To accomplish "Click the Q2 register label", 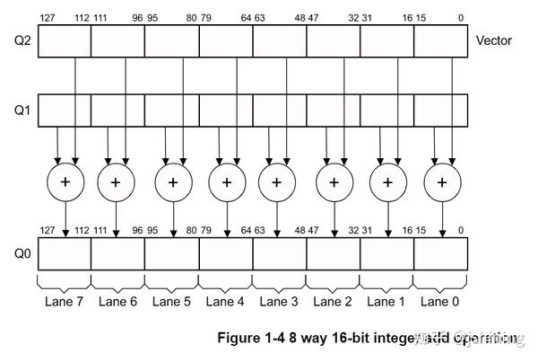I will click(x=17, y=41).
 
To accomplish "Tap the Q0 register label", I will click(x=17, y=253).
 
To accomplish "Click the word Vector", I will click(x=494, y=41).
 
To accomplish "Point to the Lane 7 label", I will click(x=64, y=302).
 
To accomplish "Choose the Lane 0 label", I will click(x=440, y=302).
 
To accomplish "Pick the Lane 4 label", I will click(x=225, y=302).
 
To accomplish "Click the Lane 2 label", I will click(x=333, y=302).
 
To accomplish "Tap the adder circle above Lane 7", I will click(x=65, y=181).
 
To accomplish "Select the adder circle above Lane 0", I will click(x=442, y=181).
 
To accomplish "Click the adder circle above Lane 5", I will click(x=173, y=181).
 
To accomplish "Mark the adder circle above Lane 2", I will click(x=334, y=181).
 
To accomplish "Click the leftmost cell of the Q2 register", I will click(x=65, y=41).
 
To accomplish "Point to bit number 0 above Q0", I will click(x=462, y=229).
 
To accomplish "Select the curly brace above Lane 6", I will click(x=117, y=282).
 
